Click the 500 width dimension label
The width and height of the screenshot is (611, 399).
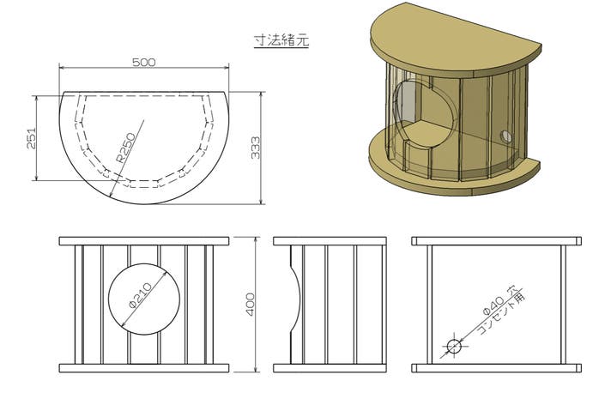coord(144,63)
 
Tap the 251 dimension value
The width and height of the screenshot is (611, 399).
coord(31,138)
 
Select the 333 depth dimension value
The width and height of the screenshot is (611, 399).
coord(256,148)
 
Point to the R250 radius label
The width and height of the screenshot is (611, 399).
coord(126,148)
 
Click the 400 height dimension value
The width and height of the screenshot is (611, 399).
coord(250,305)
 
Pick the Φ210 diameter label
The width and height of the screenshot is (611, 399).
coord(140,296)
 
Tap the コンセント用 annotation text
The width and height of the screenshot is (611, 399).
coord(502,313)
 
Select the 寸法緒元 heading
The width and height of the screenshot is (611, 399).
coord(281,40)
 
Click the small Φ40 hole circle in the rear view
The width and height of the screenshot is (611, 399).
coord(454,346)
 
